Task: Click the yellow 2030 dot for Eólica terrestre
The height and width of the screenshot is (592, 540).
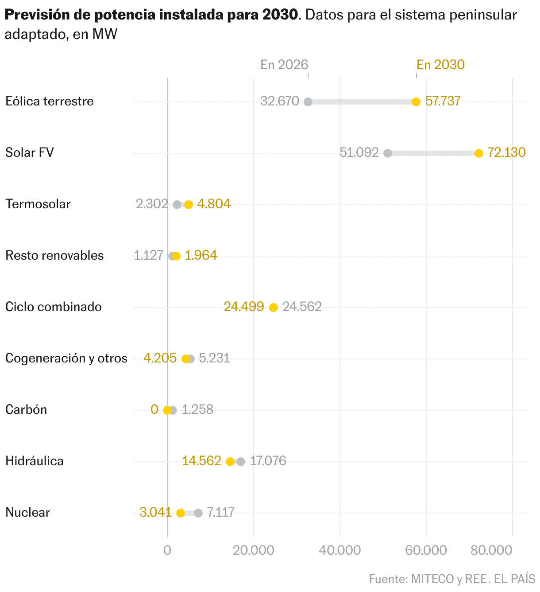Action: click(x=416, y=102)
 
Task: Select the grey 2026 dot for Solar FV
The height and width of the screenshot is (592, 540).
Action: click(x=388, y=153)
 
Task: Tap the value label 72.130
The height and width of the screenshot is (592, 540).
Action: click(x=506, y=153)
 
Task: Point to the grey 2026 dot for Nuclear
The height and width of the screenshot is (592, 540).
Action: click(x=198, y=513)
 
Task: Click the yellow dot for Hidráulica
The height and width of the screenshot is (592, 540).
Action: click(x=230, y=462)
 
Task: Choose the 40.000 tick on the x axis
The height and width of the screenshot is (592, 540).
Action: click(x=340, y=550)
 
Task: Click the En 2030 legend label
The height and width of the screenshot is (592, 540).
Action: click(x=440, y=65)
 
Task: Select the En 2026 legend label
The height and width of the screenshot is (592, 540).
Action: click(x=284, y=65)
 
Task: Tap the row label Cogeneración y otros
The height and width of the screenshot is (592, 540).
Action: click(x=66, y=358)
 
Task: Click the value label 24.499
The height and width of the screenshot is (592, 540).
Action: click(x=244, y=307)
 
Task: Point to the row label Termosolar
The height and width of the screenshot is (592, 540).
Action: click(x=38, y=204)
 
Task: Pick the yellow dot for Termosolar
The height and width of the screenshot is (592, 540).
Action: click(x=189, y=205)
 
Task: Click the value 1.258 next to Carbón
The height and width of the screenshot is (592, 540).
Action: click(x=197, y=410)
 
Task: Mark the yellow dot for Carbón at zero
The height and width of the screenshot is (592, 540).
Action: click(x=167, y=410)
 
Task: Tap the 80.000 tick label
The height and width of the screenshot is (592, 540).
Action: click(x=491, y=550)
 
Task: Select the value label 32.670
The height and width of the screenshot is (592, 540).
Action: click(x=280, y=101)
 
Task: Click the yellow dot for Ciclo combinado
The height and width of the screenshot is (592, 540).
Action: click(x=274, y=308)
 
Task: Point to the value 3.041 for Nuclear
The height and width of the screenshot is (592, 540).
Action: click(x=155, y=513)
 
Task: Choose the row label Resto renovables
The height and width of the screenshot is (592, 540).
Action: click(x=54, y=256)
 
